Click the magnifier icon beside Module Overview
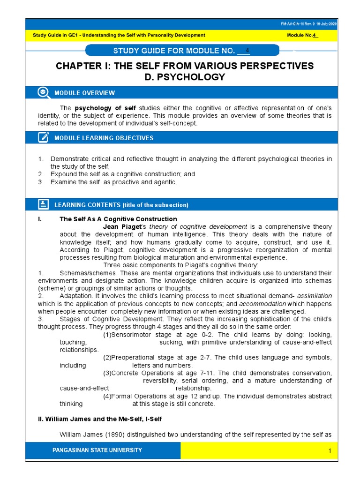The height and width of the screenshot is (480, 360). pos(43,92)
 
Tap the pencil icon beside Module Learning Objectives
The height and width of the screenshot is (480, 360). pos(43,138)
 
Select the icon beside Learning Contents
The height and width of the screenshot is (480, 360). pos(43,204)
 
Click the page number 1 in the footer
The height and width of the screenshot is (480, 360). pos(330,451)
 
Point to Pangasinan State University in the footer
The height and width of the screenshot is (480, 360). pos(97,450)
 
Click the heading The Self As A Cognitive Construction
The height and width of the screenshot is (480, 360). pos(118,219)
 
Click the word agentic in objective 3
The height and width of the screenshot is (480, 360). pos(163,182)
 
